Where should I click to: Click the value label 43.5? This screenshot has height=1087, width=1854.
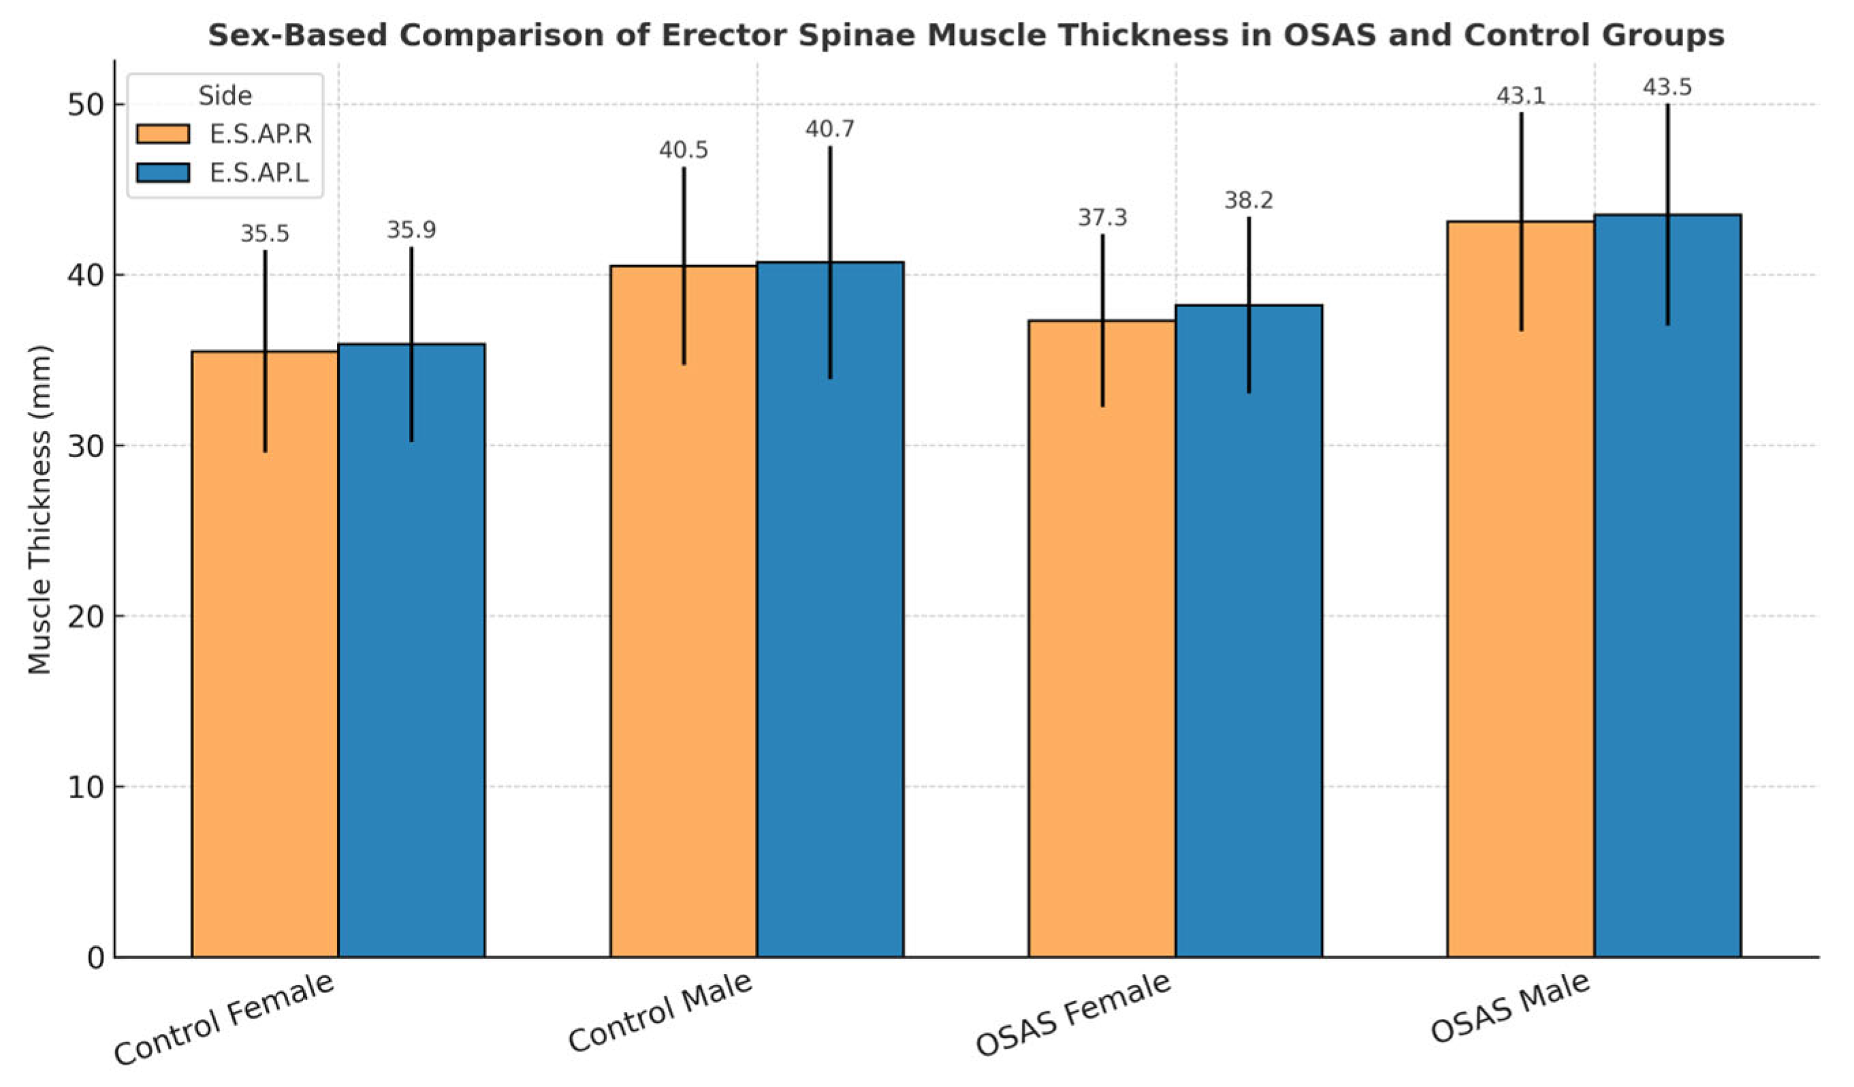pos(1667,88)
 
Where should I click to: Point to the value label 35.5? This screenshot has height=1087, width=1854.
pos(265,234)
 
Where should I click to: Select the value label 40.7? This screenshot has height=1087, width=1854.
pos(830,129)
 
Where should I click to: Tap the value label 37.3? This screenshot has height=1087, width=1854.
pos(1102,218)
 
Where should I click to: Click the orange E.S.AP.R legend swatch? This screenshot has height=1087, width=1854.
pos(163,134)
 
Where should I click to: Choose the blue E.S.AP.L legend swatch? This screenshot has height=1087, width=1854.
pos(163,173)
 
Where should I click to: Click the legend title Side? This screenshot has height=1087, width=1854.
pos(225,95)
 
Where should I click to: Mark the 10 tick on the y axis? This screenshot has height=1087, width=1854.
pos(86,787)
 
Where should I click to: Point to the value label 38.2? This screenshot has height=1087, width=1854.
pos(1249,201)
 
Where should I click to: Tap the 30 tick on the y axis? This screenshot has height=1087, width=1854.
pos(86,446)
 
